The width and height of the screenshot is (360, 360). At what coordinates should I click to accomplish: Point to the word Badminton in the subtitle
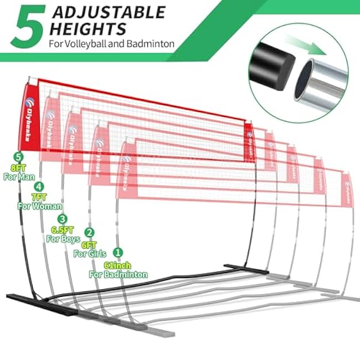click(x=152, y=43)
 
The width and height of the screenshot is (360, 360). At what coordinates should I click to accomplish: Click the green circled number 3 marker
click(x=63, y=219)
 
